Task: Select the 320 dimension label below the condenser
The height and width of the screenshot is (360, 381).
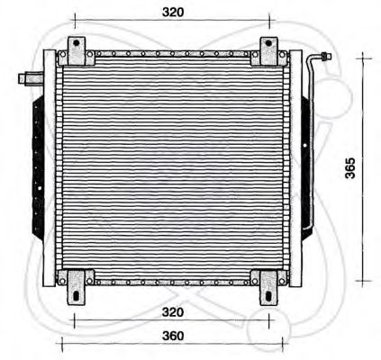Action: (x=174, y=312)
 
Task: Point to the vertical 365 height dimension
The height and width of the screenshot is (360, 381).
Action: (x=352, y=168)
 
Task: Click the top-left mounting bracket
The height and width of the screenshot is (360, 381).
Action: (x=77, y=51)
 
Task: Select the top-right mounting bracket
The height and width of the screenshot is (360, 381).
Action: (x=269, y=51)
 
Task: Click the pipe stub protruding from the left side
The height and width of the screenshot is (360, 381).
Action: (x=29, y=77)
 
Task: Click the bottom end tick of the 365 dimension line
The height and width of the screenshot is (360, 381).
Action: (x=364, y=281)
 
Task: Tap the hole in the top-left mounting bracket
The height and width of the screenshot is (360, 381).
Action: (x=77, y=45)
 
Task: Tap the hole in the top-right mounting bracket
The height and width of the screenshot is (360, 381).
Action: (x=269, y=45)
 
